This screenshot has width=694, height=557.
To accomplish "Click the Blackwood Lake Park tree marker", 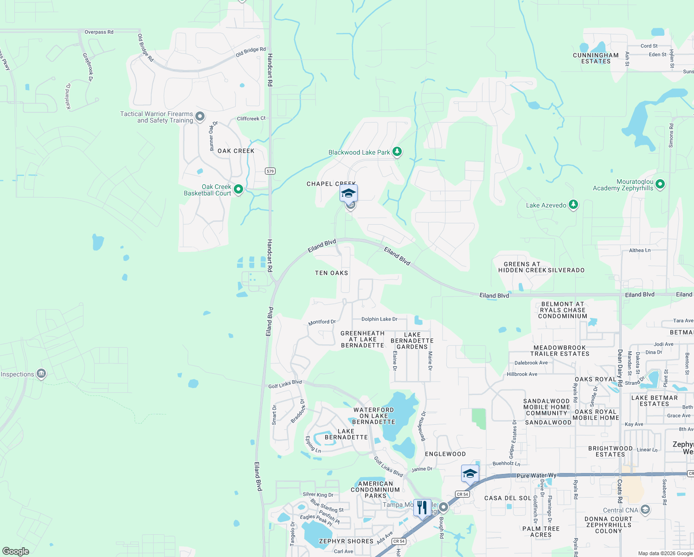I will click(x=397, y=152).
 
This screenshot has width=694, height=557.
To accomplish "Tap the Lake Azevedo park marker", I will click(x=573, y=205).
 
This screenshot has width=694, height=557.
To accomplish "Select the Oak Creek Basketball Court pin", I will click(x=238, y=189).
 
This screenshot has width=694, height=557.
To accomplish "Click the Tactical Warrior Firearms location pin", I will click(x=200, y=117).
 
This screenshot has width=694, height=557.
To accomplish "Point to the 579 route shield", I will click(x=270, y=171).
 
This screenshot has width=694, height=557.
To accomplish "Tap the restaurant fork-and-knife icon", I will click(x=422, y=507).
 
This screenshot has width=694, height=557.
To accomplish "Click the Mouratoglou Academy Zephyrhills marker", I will click(x=660, y=184).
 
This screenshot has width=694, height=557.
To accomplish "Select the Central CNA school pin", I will click(x=645, y=510).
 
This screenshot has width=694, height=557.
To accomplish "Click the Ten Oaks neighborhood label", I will click(x=331, y=273).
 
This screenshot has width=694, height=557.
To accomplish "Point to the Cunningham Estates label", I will click(x=596, y=58).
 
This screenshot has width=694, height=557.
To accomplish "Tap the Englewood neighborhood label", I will click(x=445, y=454).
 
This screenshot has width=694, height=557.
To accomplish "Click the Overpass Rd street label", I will click(x=99, y=32).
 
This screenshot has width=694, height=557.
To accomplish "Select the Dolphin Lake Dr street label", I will click(x=379, y=319).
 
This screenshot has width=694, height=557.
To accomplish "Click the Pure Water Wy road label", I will click(x=536, y=476).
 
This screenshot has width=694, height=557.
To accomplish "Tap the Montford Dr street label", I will click(x=322, y=322).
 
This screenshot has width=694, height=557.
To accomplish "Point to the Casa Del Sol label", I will click(x=508, y=498).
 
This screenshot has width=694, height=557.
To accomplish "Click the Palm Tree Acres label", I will click(x=541, y=531).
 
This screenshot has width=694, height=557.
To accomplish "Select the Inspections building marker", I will click(x=41, y=374).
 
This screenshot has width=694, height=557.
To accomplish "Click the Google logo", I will click(x=16, y=551).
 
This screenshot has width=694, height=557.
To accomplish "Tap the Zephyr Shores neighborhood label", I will click(x=346, y=541).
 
